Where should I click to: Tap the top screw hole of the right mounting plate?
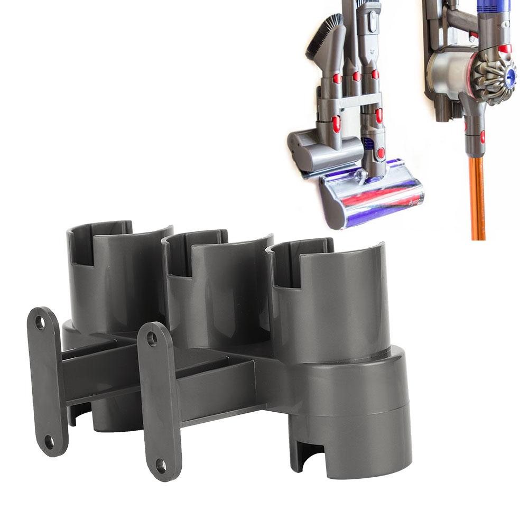tap(152, 338)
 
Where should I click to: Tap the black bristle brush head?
tap(321, 37)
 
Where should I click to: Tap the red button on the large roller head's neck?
tap(380, 153)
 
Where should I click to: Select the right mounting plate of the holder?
tap(159, 402)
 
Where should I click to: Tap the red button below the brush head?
tap(336, 79)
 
